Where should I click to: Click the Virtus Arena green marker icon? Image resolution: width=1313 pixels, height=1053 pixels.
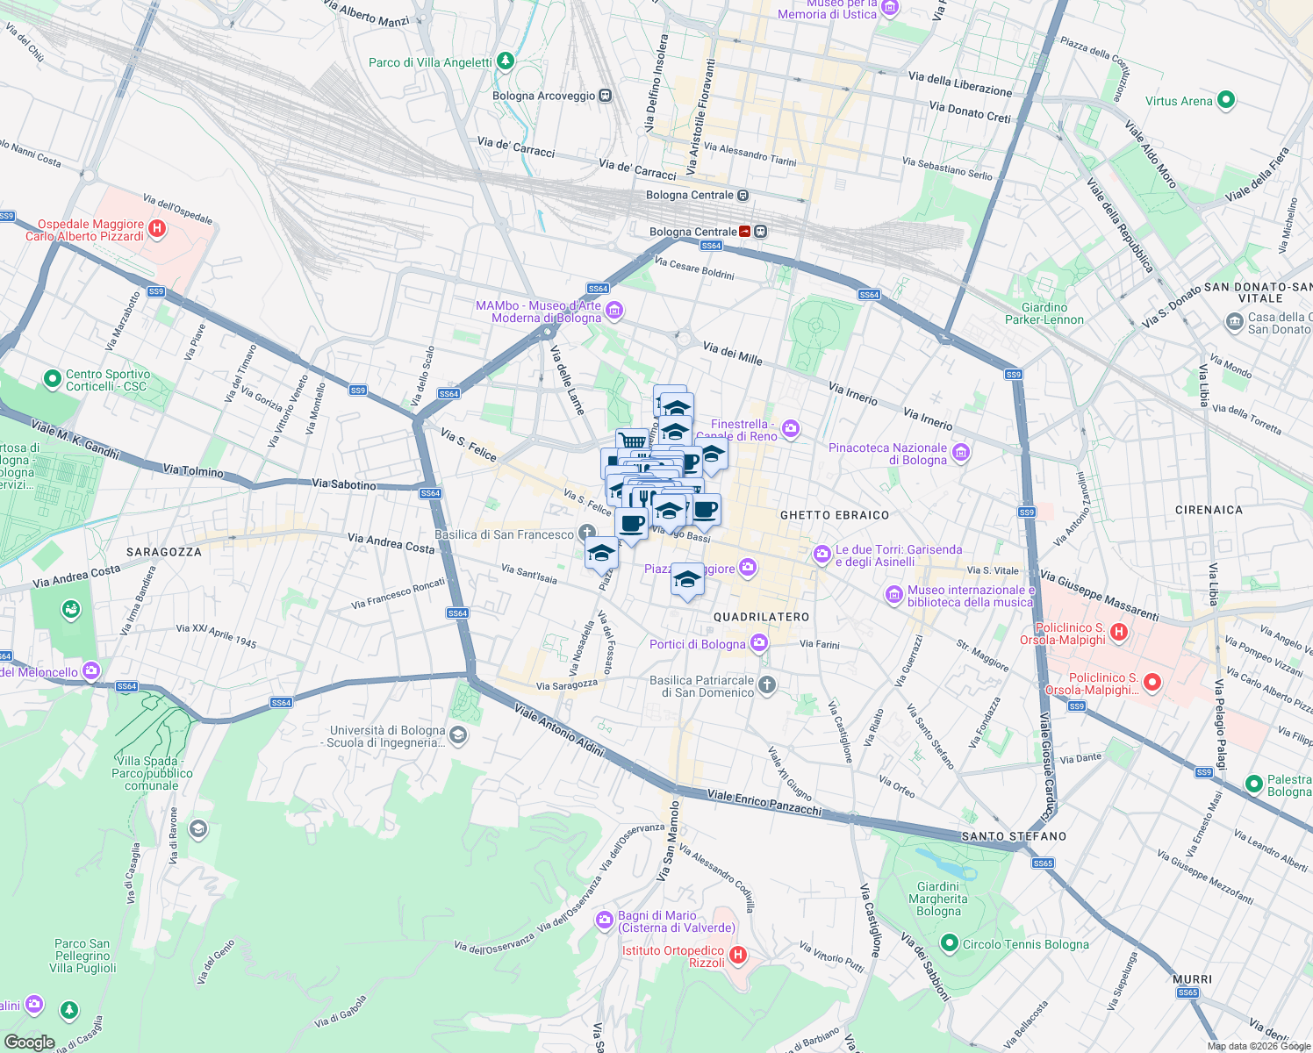tap(1226, 100)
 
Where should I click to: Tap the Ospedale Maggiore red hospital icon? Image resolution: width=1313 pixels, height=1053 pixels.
tap(157, 229)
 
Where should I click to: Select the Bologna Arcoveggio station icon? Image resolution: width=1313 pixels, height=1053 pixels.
tap(605, 96)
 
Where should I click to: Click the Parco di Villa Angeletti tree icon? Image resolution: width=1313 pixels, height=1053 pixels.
tap(505, 61)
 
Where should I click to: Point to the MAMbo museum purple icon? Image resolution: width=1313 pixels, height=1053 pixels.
tap(614, 310)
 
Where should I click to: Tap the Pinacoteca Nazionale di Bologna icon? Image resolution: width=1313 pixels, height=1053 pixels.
tap(961, 453)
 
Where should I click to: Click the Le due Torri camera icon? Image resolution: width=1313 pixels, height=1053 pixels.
tap(822, 554)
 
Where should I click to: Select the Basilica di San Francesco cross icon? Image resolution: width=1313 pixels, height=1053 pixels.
tap(586, 533)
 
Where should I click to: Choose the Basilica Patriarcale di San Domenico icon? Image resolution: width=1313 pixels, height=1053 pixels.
tap(767, 684)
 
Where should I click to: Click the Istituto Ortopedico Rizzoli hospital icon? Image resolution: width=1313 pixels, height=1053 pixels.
tap(738, 955)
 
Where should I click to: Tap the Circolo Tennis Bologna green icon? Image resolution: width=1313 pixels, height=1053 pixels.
tap(949, 943)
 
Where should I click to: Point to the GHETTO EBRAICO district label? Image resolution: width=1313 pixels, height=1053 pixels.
tap(835, 515)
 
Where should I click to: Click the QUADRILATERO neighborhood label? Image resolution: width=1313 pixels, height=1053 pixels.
tap(761, 617)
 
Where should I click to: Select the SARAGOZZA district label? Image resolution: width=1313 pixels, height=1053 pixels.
tap(164, 552)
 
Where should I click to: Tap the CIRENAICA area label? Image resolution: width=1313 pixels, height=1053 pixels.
tap(1209, 510)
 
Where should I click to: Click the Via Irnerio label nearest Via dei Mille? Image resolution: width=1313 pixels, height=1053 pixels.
tap(853, 393)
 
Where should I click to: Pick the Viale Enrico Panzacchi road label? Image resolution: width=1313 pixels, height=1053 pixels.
tap(764, 802)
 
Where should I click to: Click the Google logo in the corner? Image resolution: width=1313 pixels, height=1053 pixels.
tap(29, 1042)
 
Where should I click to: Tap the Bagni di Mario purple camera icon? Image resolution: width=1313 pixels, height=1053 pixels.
tap(605, 920)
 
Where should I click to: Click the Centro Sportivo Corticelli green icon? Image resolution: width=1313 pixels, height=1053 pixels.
tap(53, 379)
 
